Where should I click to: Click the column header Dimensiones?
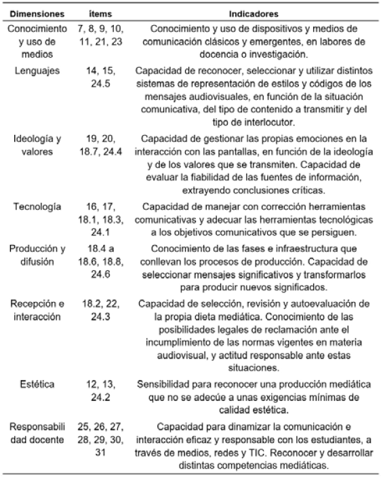35,12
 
